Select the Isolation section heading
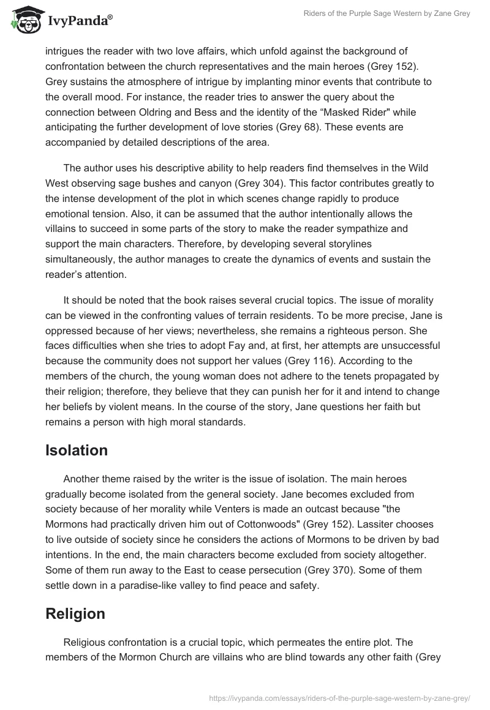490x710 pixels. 77,450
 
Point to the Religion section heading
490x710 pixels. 75,614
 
